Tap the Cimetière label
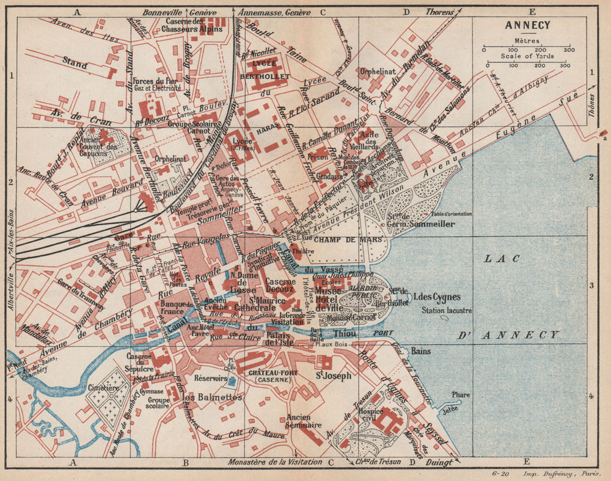click(x=103, y=388)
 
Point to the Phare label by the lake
click(x=461, y=395)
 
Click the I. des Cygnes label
click(x=433, y=298)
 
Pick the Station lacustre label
click(x=447, y=310)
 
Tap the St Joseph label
click(x=333, y=376)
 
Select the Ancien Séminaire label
click(x=303, y=421)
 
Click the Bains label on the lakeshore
click(x=421, y=352)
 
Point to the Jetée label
click(x=450, y=410)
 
